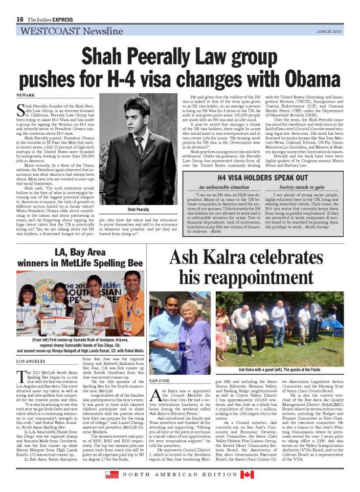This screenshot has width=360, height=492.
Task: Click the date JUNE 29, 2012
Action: click(328, 31)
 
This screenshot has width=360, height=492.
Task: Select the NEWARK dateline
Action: click(26, 96)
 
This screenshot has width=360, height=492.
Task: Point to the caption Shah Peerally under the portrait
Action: click(138, 210)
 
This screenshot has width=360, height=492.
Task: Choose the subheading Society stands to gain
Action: click(302, 187)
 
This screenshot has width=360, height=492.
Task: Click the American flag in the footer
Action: click(112, 475)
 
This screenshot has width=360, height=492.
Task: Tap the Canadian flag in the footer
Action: click(247, 475)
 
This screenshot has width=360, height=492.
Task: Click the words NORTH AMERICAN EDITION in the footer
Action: click(179, 475)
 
